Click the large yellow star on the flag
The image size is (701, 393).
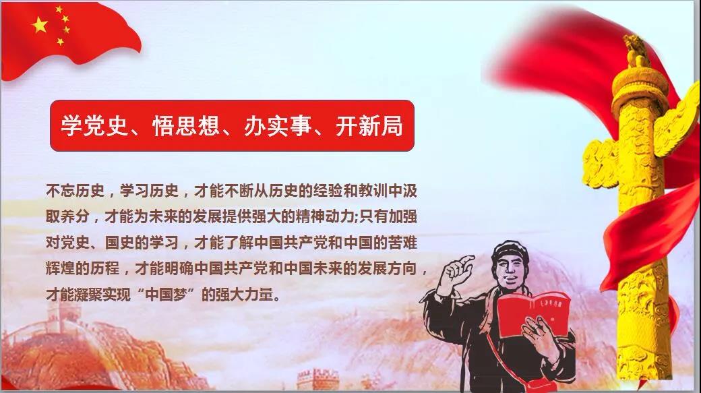click(40, 25)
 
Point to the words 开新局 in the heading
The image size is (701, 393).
click(369, 125)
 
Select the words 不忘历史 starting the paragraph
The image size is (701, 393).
click(75, 191)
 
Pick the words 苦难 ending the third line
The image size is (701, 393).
click(402, 243)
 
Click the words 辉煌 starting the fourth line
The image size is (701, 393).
click(61, 269)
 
